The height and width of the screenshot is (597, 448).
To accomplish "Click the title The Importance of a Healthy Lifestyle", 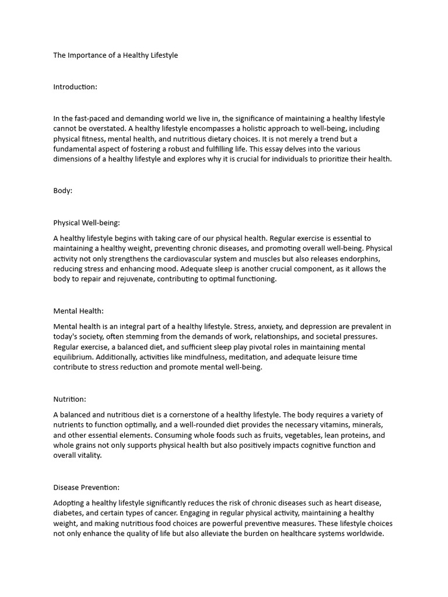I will tap(116, 55).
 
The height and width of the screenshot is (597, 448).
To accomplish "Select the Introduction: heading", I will tap(75, 87).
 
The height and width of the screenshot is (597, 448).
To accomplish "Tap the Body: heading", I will tap(63, 191).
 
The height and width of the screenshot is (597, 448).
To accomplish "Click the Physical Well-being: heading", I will tap(86, 222).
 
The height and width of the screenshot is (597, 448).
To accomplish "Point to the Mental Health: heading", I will tap(78, 311).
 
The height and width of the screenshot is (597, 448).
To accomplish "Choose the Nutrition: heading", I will tap(69, 399).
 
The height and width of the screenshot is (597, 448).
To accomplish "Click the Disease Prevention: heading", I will tap(86, 487).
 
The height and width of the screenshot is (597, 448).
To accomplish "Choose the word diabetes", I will tap(68, 513).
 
